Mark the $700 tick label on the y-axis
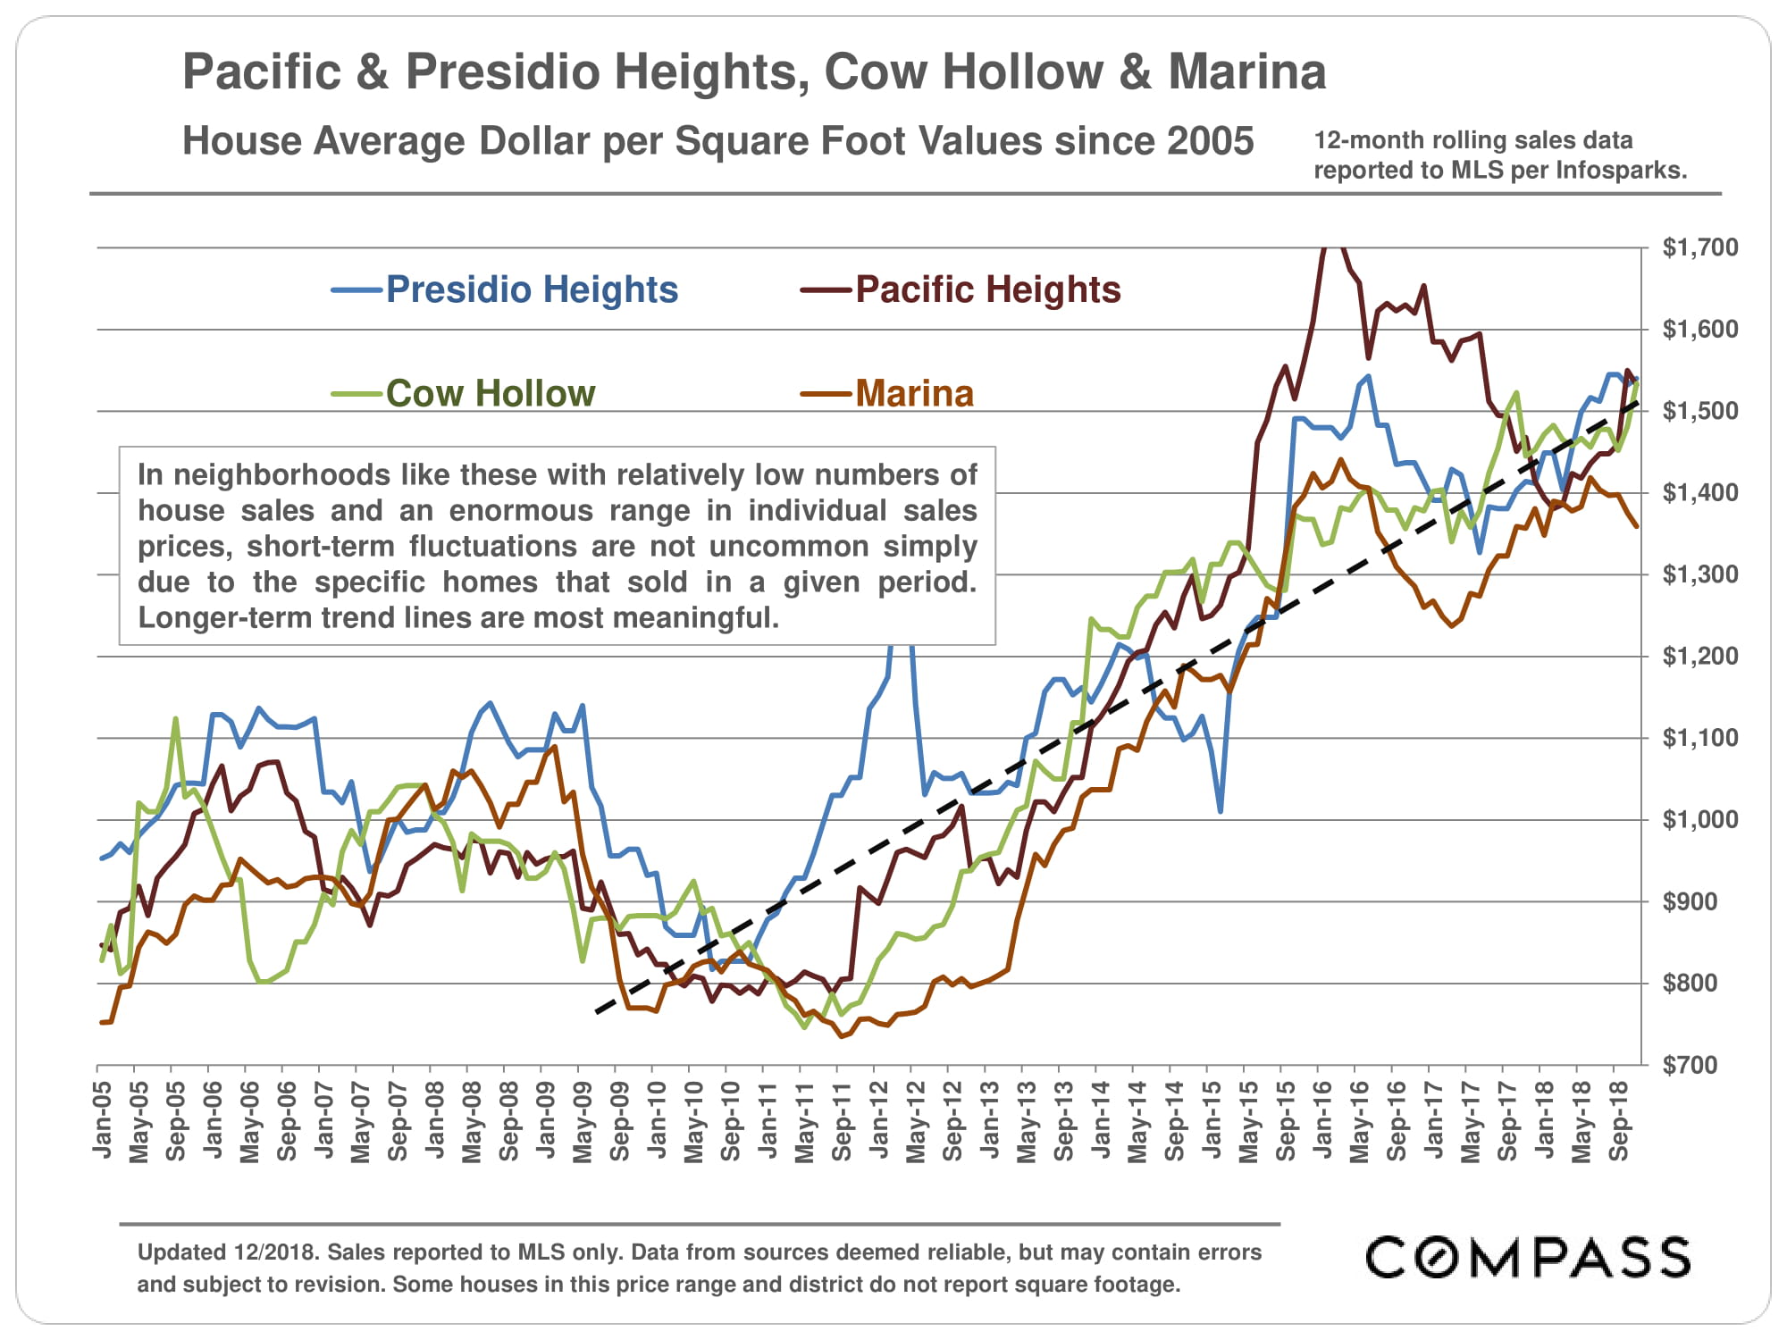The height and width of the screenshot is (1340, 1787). [x=1689, y=1065]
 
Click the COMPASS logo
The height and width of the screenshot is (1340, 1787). [x=1528, y=1258]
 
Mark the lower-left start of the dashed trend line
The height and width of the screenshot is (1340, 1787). [x=597, y=1012]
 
